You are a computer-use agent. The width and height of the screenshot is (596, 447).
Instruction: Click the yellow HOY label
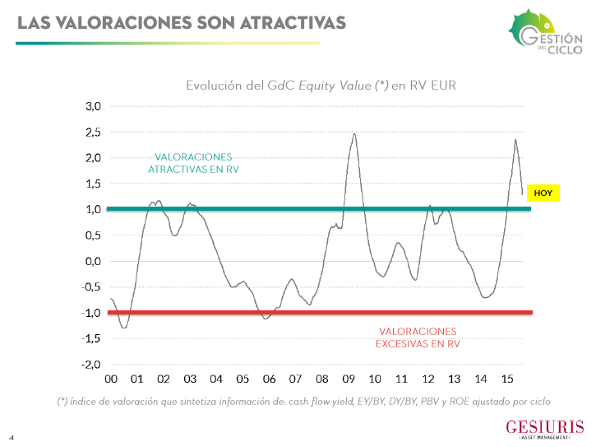pyautogui.click(x=543, y=193)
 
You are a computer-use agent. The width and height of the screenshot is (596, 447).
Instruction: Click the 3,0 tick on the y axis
pyautogui.click(x=92, y=106)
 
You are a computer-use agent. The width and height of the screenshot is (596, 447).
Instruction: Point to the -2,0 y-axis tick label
pyautogui.click(x=90, y=364)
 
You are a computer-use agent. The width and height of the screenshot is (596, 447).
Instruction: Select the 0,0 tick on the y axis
pyautogui.click(x=92, y=261)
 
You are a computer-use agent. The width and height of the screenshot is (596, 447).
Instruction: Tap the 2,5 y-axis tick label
pyautogui.click(x=92, y=132)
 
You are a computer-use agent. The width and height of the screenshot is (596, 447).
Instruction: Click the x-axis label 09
pyautogui.click(x=348, y=379)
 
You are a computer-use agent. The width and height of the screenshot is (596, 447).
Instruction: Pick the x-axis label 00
pyautogui.click(x=110, y=379)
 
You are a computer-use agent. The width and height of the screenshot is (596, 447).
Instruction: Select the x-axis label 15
pyautogui.click(x=507, y=379)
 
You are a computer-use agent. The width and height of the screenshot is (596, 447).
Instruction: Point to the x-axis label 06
pyautogui.click(x=269, y=379)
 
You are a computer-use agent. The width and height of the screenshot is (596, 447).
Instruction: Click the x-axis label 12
pyautogui.click(x=427, y=379)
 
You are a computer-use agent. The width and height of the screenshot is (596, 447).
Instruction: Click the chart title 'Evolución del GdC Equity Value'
pyautogui.click(x=321, y=85)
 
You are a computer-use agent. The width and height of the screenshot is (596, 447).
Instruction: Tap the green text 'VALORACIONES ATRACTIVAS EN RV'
pyautogui.click(x=193, y=162)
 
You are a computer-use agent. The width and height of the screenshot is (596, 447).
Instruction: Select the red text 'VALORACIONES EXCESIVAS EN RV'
pyautogui.click(x=418, y=337)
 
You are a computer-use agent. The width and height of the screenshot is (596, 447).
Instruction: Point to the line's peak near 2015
pyautogui.click(x=515, y=139)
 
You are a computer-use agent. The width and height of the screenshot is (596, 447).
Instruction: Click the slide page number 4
pyautogui.click(x=12, y=436)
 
